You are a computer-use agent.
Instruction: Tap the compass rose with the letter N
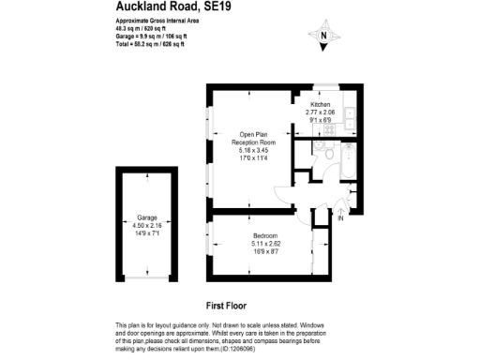click(323, 37)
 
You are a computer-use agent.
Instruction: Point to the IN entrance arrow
click(340, 218)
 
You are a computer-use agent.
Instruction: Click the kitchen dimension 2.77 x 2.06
click(321, 112)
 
